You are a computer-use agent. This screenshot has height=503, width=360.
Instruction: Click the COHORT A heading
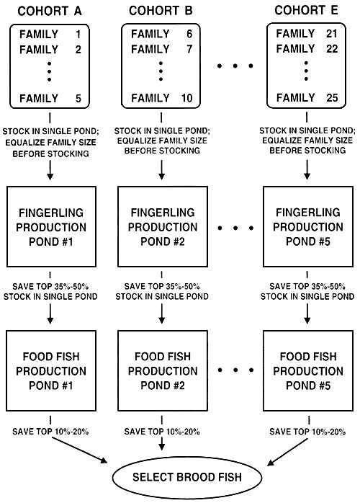(x=49, y=11)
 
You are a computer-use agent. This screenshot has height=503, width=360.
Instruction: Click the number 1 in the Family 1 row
(x=79, y=34)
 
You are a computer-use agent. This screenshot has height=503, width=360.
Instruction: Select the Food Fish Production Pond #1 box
(x=49, y=371)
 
